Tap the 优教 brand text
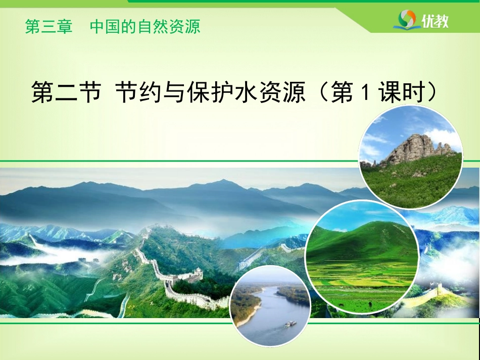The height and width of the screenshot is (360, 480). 435,21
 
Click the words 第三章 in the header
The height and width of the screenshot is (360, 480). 49,26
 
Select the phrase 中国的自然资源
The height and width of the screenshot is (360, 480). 145,26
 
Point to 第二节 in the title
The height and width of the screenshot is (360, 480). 66,92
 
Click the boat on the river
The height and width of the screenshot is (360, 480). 291,324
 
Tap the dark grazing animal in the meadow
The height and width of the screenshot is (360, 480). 370,304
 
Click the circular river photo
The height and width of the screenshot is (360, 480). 270,306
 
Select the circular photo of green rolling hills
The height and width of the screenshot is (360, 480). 362,257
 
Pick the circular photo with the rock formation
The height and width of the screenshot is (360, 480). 411,157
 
